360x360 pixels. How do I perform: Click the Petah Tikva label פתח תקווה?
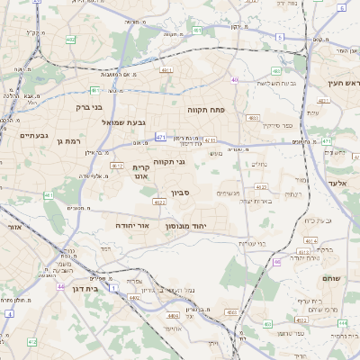[206, 109]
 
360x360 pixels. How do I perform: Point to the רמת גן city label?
[70, 141]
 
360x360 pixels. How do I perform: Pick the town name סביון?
[181, 192]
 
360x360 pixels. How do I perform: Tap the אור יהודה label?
[131, 226]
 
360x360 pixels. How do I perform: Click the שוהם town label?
[331, 279]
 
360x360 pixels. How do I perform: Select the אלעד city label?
[347, 184]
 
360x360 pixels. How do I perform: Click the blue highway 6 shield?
[342, 7]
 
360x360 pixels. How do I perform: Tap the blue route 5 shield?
[280, 37]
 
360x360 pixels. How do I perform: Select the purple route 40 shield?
[235, 80]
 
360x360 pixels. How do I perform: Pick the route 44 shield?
[61, 287]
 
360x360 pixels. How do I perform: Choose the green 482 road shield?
[70, 40]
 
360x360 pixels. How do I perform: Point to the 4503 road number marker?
[230, 311]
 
